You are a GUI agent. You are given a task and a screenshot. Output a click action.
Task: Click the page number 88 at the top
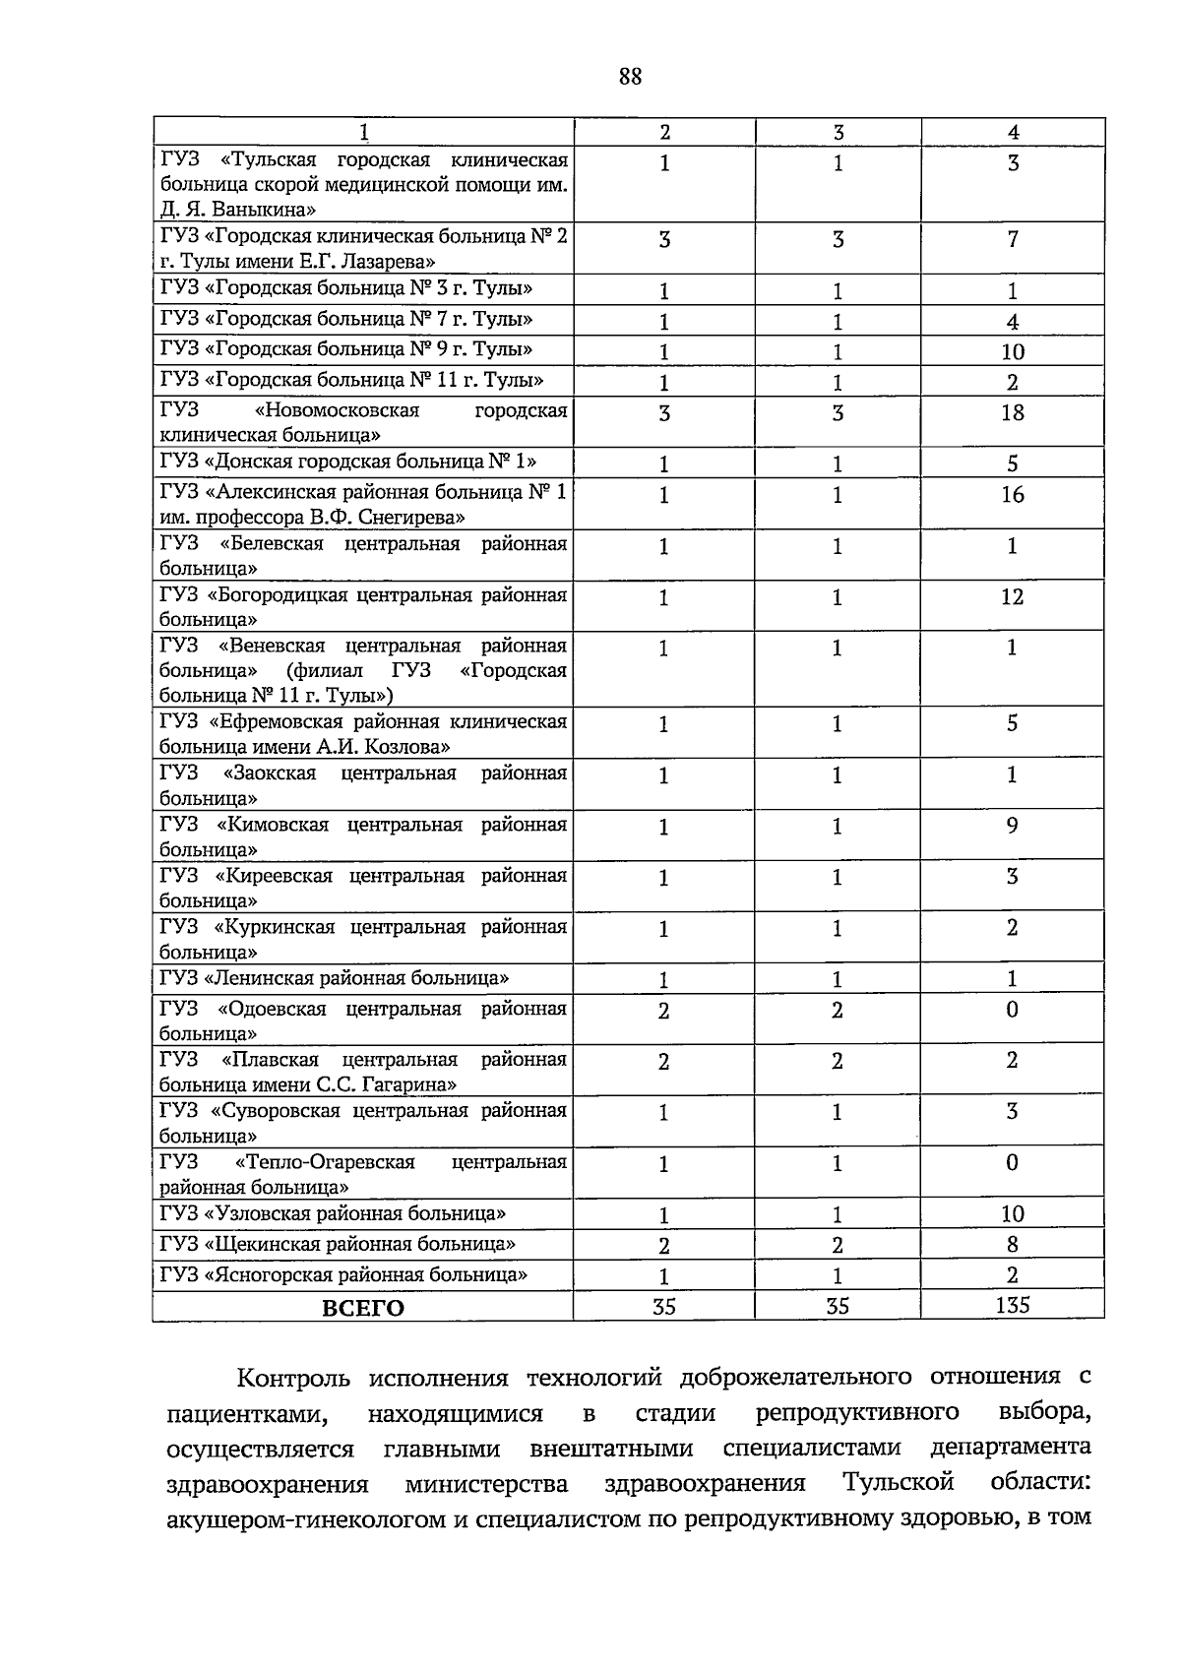point(630,76)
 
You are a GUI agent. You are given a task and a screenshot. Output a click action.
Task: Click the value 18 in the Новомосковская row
point(1012,412)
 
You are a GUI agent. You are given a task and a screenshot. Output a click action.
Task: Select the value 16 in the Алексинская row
point(1012,495)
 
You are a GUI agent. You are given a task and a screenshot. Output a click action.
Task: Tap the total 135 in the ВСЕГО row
point(1012,1305)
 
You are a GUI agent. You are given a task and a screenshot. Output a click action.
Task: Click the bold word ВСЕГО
point(363,1307)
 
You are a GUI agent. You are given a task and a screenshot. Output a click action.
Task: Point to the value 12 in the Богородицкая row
point(1012,597)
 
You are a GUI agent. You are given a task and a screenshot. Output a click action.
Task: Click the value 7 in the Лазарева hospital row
point(1012,239)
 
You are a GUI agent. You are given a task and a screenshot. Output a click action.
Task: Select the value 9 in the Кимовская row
point(1012,826)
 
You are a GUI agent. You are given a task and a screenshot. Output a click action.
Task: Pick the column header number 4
point(1014,132)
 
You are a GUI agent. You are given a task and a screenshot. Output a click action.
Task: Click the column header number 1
point(364,132)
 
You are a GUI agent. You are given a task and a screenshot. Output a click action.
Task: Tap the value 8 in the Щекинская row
point(1012,1245)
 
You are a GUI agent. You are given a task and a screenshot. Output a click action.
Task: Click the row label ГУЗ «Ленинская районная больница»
point(335,978)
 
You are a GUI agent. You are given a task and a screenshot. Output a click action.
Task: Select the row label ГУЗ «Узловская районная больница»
point(334,1213)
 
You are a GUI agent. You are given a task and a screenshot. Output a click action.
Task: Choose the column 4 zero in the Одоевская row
point(1012,1010)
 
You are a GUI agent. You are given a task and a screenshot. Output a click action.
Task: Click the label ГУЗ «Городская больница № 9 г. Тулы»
point(346,349)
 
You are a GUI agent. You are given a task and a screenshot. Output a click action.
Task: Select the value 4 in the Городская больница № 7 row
point(1012,322)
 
